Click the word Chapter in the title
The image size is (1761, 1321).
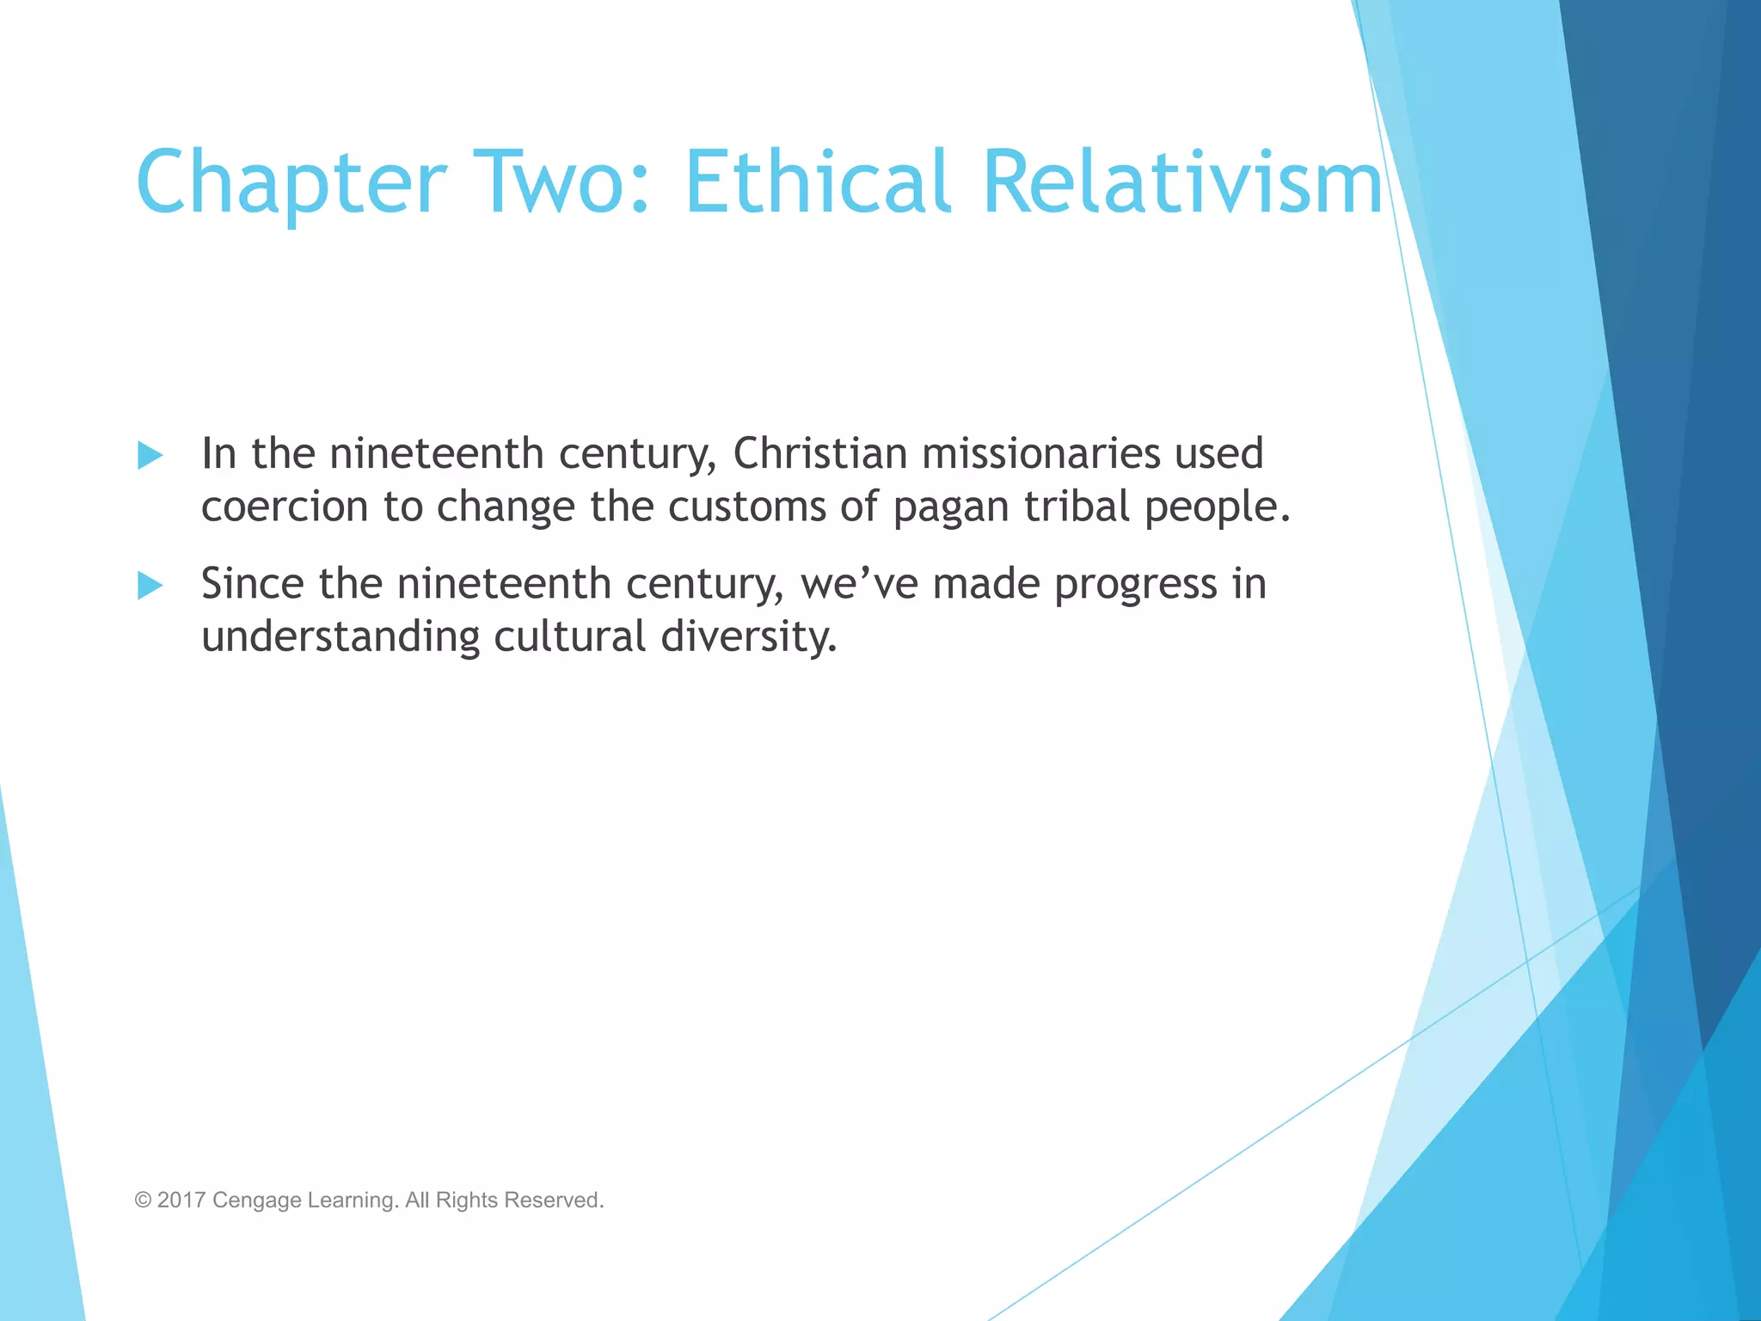pos(291,182)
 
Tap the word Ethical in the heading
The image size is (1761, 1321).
pos(818,182)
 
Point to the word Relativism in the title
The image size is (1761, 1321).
pos(1182,182)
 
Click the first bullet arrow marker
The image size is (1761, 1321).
pos(150,455)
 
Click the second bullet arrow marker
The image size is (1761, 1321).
pos(150,586)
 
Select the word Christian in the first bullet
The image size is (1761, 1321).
pos(819,453)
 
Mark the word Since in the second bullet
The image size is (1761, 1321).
pos(252,584)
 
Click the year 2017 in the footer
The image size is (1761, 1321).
pos(181,1200)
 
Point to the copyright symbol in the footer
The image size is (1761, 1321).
pos(143,1200)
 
